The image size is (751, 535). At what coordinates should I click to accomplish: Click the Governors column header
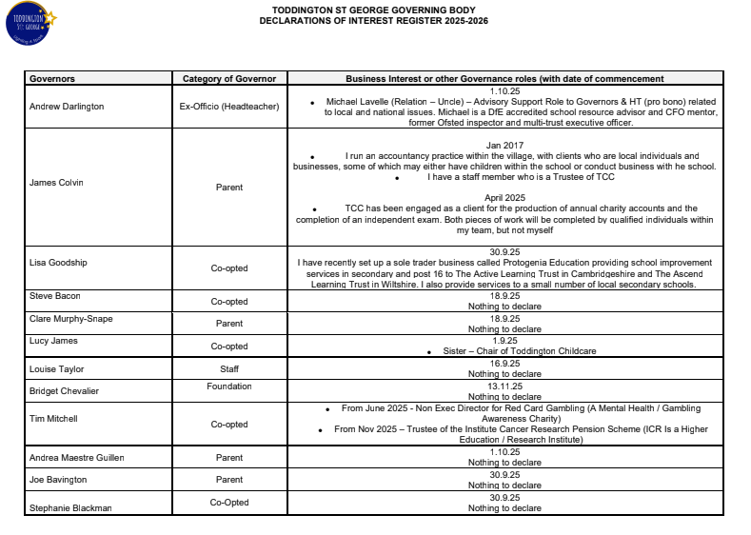click(52, 79)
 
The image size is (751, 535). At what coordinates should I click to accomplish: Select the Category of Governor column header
click(228, 79)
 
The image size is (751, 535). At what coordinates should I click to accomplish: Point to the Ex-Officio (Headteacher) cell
click(229, 107)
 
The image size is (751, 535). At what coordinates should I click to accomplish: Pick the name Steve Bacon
click(54, 296)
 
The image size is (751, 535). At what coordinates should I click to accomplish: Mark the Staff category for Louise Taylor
click(229, 368)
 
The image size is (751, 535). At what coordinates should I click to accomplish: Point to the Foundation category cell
click(229, 386)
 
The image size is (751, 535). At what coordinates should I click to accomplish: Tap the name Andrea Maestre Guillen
click(77, 458)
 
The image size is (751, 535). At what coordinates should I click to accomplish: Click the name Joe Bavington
click(59, 480)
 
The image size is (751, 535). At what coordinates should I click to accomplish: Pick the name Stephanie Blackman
click(70, 507)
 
